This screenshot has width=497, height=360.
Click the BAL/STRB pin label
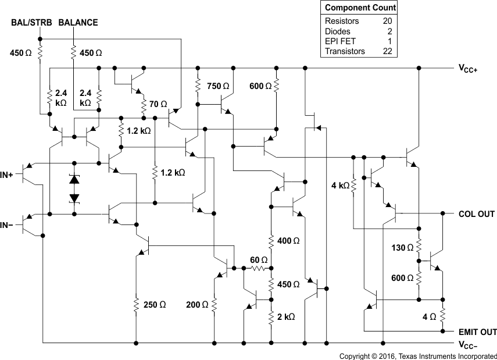(32, 23)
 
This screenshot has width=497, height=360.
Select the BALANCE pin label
(78, 23)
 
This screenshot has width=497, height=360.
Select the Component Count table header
(360, 8)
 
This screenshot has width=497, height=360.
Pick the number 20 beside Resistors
(387, 21)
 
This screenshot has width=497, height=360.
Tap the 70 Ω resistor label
(158, 105)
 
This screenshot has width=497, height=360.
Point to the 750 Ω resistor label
(218, 86)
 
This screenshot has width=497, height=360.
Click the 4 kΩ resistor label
(339, 186)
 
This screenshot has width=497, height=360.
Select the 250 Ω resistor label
(155, 304)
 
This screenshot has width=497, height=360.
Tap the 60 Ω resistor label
(258, 259)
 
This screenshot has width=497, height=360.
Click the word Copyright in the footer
(356, 355)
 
